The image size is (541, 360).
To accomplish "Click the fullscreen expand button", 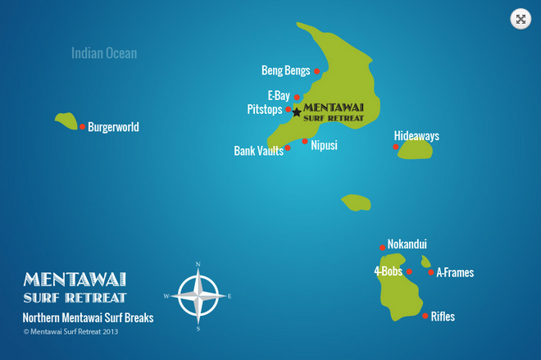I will pyautogui.click(x=521, y=20).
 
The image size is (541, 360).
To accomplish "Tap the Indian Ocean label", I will pyautogui.click(x=104, y=53).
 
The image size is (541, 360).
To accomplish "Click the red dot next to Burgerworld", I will pyautogui.click(x=82, y=126).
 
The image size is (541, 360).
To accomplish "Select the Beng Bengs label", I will pyautogui.click(x=285, y=70).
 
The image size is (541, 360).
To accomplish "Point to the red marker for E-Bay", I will pyautogui.click(x=297, y=97).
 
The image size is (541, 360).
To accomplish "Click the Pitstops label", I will pyautogui.click(x=264, y=109).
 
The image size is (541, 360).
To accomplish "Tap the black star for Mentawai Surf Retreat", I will pyautogui.click(x=296, y=112).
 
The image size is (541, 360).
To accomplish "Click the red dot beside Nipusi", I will pyautogui.click(x=305, y=141).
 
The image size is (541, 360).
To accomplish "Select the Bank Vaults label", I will pyautogui.click(x=258, y=151).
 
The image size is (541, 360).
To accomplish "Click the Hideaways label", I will pyautogui.click(x=416, y=135).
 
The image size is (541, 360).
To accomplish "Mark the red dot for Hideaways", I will pyautogui.click(x=396, y=147).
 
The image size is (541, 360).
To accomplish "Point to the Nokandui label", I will pyautogui.click(x=407, y=244).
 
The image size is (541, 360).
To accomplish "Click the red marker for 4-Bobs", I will pyautogui.click(x=409, y=271).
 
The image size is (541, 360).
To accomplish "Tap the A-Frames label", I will pyautogui.click(x=455, y=272).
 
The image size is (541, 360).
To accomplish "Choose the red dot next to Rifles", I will pyautogui.click(x=425, y=315).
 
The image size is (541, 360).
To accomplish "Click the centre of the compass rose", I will pyautogui.click(x=198, y=295).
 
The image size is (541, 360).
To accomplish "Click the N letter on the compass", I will pyautogui.click(x=198, y=264).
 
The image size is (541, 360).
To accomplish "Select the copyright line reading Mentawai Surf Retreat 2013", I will pyautogui.click(x=71, y=332).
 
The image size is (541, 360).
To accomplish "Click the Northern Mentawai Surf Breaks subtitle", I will pyautogui.click(x=89, y=317).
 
